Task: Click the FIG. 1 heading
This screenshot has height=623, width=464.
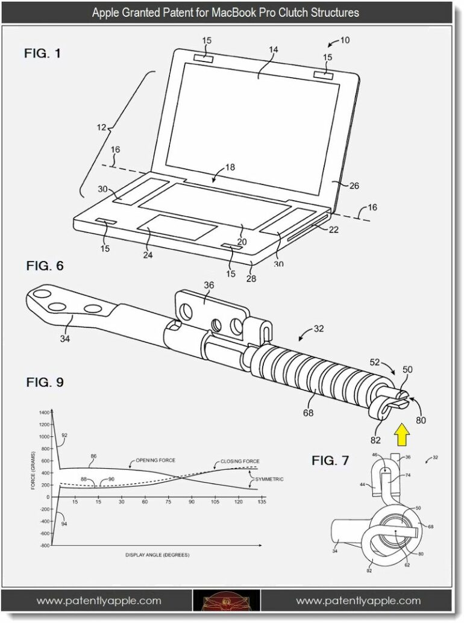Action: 42,54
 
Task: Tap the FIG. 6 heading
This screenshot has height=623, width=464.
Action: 45,266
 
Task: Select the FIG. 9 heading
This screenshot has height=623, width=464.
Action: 45,382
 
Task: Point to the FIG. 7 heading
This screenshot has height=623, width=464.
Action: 330,461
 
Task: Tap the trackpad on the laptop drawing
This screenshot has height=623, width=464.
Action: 177,230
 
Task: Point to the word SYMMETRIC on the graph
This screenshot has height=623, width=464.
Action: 269,480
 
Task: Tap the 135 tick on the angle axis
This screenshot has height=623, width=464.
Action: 262,502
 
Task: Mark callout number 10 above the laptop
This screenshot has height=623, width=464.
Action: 345,40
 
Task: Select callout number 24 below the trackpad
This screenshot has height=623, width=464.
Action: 148,255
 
